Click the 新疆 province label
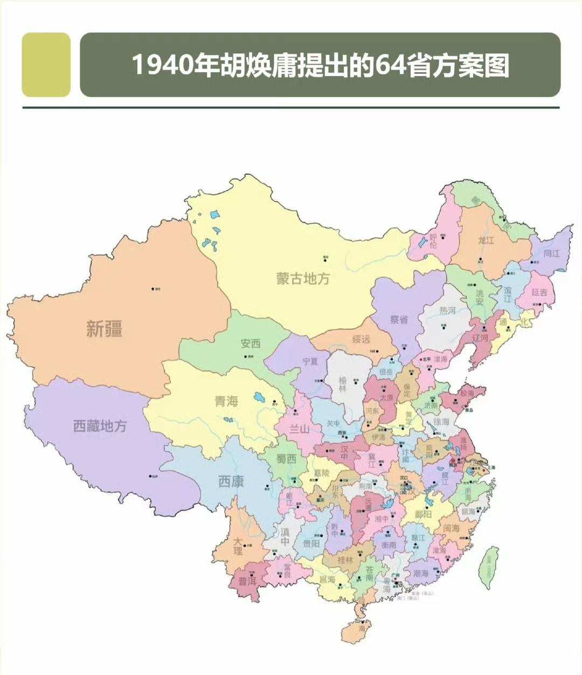click(x=105, y=328)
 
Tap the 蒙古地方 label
click(x=303, y=278)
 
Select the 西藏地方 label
click(x=100, y=426)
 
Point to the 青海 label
click(x=226, y=401)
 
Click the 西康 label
click(x=231, y=481)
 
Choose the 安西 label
click(x=251, y=343)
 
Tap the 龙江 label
click(x=486, y=240)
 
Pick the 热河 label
click(x=447, y=311)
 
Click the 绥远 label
click(x=361, y=339)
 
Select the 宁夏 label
click(x=310, y=361)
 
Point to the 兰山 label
click(x=300, y=429)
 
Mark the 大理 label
click(x=238, y=546)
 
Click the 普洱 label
click(x=247, y=582)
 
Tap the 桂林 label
click(x=345, y=560)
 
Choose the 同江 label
click(x=551, y=253)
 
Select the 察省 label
click(x=399, y=319)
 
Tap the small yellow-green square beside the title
click(x=46, y=65)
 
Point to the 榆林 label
click(x=343, y=384)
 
